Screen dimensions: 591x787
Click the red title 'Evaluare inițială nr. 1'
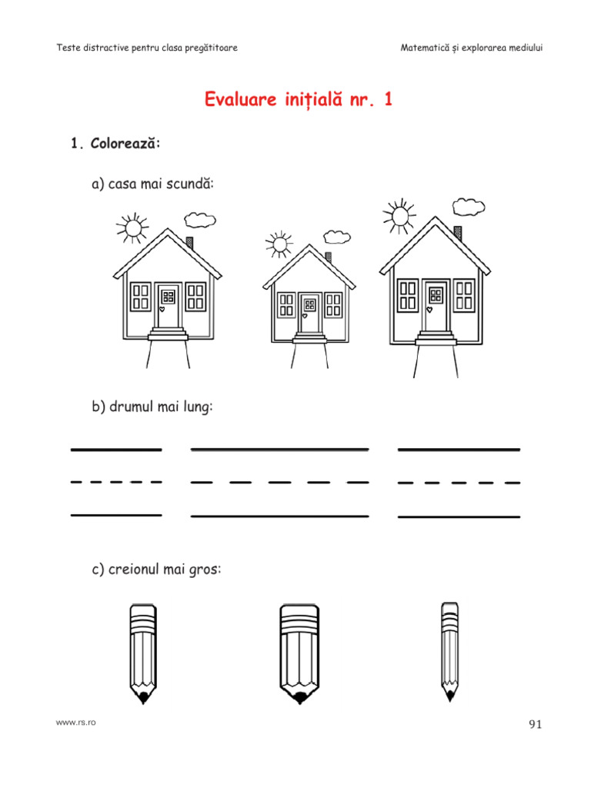298,99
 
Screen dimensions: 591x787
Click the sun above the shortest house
279,244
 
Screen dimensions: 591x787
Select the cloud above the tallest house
469,207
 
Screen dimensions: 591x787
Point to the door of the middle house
309,314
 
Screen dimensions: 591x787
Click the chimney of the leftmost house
189,243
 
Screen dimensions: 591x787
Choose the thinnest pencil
449,652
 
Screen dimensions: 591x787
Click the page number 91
536,724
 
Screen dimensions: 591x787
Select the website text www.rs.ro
76,722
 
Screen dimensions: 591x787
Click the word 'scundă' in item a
188,184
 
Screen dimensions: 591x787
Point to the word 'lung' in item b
195,407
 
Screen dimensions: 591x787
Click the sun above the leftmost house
132,227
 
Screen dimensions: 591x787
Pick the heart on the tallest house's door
429,310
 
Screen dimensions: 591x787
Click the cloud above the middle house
337,237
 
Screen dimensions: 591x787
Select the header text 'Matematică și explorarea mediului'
472,48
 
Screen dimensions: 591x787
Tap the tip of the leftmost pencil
143,702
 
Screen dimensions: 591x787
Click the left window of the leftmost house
140,297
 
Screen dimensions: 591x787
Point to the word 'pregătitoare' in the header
211,48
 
